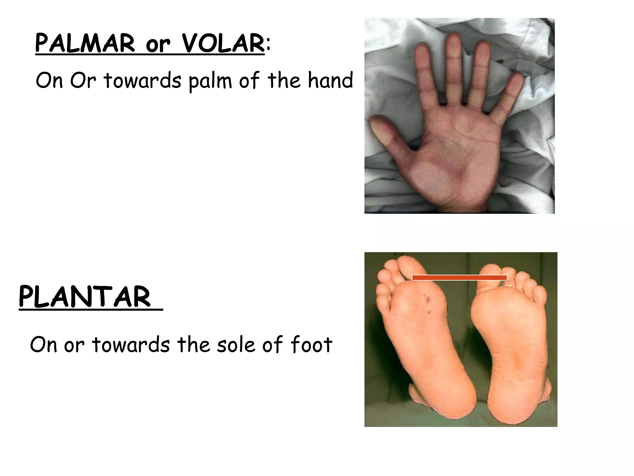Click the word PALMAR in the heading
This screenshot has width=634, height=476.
coord(85,44)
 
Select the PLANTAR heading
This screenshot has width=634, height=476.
coord(85,297)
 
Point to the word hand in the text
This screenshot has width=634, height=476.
coord(330,80)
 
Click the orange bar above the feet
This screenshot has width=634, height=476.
coord(459,278)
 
